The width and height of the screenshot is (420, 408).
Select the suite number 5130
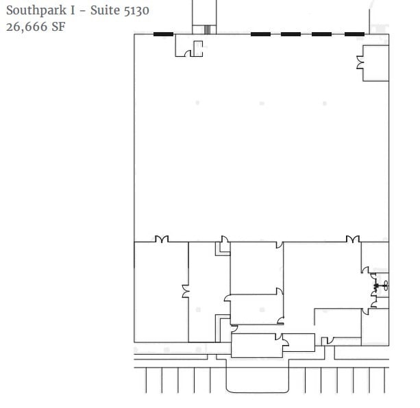(135, 10)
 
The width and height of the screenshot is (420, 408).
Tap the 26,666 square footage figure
(25, 27)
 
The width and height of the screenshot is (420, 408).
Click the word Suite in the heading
(104, 10)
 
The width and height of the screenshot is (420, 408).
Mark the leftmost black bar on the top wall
(163, 34)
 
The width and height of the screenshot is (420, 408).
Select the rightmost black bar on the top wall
(354, 34)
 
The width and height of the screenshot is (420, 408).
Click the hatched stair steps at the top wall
(206, 29)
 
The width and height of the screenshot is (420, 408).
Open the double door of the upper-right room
(360, 63)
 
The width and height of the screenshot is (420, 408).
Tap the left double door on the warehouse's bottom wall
(162, 239)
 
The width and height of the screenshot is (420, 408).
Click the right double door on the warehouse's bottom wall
(352, 239)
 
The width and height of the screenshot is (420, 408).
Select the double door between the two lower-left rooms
(185, 292)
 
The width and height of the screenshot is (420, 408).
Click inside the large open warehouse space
(260, 151)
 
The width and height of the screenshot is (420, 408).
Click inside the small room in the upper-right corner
(375, 63)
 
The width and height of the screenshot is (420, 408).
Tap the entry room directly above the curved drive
(256, 345)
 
